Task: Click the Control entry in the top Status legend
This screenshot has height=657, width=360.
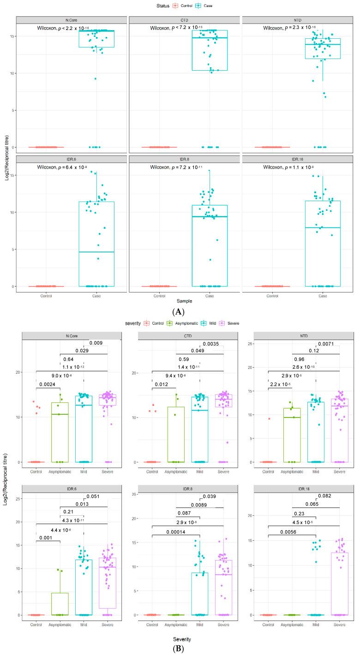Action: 183,6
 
